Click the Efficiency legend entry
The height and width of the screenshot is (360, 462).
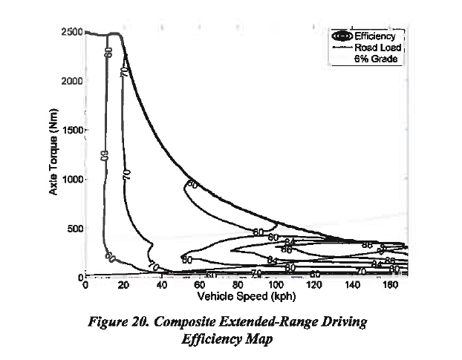pos(378,36)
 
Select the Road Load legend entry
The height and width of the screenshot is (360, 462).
pos(378,47)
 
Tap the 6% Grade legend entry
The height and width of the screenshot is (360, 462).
pos(378,59)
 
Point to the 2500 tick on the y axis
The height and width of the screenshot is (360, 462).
pos(72,32)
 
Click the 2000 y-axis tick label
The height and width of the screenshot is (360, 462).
pos(72,81)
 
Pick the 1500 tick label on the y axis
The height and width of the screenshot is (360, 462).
pos(72,130)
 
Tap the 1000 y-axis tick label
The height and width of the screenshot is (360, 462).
pos(72,179)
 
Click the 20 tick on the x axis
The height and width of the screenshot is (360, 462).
pos(124,284)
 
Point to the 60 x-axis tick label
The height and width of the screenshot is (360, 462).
pos(200,284)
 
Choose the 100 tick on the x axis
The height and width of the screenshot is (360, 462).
pos(276,284)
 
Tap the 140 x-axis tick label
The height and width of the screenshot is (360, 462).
pos(351,284)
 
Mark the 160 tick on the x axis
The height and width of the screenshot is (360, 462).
pos(389,284)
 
